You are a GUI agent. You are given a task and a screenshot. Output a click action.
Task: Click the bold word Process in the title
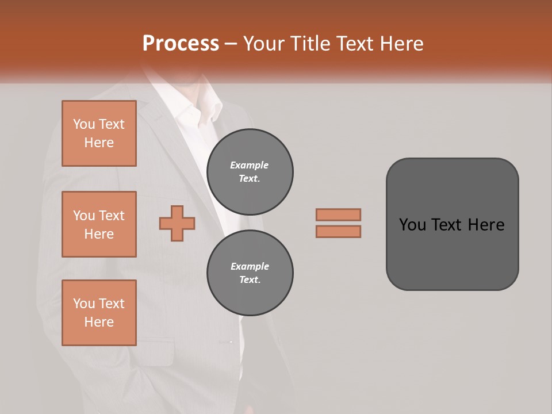pyautogui.click(x=181, y=43)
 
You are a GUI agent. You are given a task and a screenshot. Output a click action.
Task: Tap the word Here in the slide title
pyautogui.click(x=402, y=44)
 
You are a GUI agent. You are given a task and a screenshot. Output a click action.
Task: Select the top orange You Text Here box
pyautogui.click(x=99, y=133)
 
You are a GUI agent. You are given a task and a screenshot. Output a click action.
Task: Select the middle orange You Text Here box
pyautogui.click(x=99, y=224)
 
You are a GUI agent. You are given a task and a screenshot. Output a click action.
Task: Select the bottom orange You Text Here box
pyautogui.click(x=99, y=313)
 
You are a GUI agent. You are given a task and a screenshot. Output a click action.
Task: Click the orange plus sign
pyautogui.click(x=177, y=223)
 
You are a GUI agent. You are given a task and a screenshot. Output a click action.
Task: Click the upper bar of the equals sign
pyautogui.click(x=338, y=214)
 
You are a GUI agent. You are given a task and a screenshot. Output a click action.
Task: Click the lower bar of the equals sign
pyautogui.click(x=338, y=231)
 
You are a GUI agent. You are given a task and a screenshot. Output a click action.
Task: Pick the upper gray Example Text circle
pyautogui.click(x=250, y=172)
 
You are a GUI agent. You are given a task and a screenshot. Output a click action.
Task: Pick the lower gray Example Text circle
pyautogui.click(x=250, y=273)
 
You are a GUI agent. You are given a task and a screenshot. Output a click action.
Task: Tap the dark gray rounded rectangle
pyautogui.click(x=452, y=253)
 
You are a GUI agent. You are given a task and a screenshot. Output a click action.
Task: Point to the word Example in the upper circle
pyautogui.click(x=250, y=165)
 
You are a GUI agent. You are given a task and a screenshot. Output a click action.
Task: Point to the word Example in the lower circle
pyautogui.click(x=250, y=266)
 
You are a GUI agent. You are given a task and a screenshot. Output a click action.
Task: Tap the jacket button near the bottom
pyautogui.click(x=231, y=342)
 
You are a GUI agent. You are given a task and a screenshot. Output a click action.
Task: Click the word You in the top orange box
pyautogui.click(x=84, y=124)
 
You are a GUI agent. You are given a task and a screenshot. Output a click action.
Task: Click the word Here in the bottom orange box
pyautogui.click(x=99, y=322)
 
